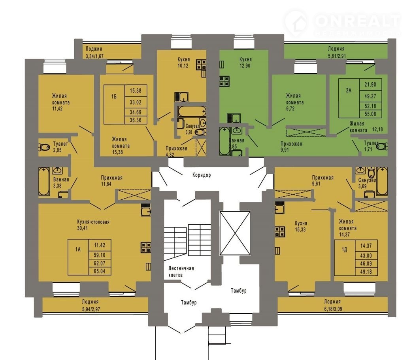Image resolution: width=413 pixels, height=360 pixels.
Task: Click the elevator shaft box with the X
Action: (235, 233)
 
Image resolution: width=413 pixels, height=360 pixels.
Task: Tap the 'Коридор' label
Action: (202, 175)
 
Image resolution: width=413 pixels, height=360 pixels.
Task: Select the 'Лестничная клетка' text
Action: (181, 272)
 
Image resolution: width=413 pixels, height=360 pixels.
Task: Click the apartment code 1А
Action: (78, 249)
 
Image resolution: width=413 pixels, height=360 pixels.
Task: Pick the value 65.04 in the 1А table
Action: (99, 271)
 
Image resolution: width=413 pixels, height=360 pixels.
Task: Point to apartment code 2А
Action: (349, 91)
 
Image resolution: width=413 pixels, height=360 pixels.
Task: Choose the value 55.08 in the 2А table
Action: (370, 114)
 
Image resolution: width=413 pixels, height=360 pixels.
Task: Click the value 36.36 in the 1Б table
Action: (136, 120)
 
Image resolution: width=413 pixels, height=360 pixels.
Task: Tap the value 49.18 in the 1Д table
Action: (366, 272)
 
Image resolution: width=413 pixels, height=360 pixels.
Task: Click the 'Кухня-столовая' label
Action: (93, 222)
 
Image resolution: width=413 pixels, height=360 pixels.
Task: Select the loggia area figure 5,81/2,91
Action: (336, 56)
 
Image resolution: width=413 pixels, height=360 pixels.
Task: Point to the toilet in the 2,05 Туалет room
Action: (44, 147)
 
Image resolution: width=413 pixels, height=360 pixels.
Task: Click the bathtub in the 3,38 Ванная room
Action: (44, 182)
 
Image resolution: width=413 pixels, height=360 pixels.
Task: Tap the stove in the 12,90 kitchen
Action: (225, 81)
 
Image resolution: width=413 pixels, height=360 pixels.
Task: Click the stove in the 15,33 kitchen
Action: (280, 232)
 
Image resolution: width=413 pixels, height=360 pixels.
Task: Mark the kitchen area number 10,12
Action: (183, 66)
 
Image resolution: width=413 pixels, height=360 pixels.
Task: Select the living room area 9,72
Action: (290, 108)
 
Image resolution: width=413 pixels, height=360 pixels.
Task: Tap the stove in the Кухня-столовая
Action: (146, 248)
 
